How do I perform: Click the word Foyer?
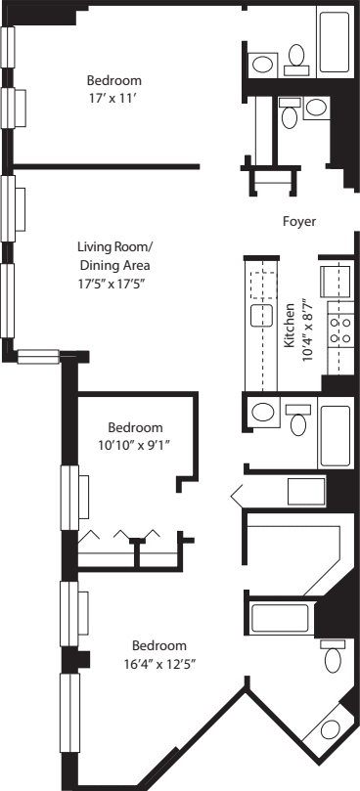pos(298,222)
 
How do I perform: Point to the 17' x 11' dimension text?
pos(113,98)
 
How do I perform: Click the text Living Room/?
pos(113,247)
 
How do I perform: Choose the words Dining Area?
pos(113,265)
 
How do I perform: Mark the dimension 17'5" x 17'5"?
pos(113,284)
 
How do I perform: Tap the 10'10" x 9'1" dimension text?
pos(135,445)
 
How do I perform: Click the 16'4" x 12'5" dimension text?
pos(158,663)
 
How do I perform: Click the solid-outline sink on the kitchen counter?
pos(261,315)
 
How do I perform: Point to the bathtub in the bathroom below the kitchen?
pos(335,436)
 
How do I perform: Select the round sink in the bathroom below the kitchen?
pos(262,413)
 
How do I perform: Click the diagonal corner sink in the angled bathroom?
pos(330,729)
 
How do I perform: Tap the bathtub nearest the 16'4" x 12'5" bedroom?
pos(281,619)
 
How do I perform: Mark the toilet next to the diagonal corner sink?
pos(334,656)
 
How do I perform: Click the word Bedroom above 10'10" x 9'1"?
pos(135,427)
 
